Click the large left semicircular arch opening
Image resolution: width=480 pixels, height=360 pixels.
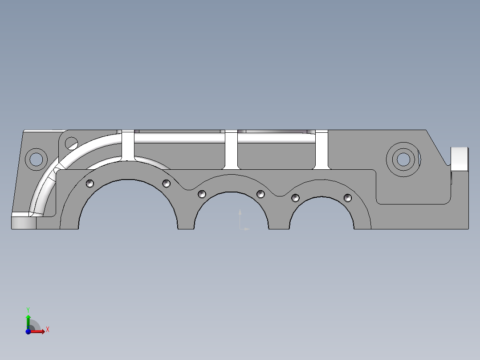[x=128, y=207]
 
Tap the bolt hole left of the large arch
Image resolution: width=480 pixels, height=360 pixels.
[x=90, y=183]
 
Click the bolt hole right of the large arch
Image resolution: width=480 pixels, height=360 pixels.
[x=166, y=183]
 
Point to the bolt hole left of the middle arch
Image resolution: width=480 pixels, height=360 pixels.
[x=202, y=194]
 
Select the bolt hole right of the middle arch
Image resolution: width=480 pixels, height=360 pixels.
[x=261, y=194]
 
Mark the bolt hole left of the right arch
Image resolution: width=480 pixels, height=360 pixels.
[x=295, y=198]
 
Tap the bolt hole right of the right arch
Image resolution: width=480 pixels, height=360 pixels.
[x=348, y=198]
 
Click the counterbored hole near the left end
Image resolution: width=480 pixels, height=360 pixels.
[x=36, y=158]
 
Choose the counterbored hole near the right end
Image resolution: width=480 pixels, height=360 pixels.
[x=403, y=159]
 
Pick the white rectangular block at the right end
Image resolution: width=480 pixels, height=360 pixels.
[x=460, y=159]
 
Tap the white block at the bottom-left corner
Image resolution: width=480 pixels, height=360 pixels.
[x=24, y=222]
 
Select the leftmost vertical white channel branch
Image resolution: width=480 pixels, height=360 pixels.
[x=128, y=146]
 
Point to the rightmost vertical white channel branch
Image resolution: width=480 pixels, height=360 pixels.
[x=321, y=151]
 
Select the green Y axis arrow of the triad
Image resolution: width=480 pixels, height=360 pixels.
[x=28, y=320]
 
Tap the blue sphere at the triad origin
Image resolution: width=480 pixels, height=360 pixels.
[x=28, y=331]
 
